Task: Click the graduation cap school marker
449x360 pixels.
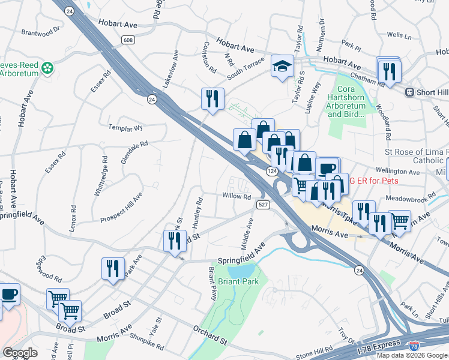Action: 282,67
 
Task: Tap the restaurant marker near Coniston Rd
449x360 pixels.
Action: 212,99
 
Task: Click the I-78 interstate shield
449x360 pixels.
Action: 414,346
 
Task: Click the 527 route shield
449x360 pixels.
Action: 262,205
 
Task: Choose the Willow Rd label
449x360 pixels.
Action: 237,196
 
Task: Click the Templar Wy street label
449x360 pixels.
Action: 125,128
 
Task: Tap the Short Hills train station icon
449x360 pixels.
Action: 411,92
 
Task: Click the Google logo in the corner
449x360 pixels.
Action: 19,352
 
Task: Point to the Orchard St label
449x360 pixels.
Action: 209,335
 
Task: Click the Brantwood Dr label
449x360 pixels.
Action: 41,31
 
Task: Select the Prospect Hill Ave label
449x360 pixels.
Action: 121,207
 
